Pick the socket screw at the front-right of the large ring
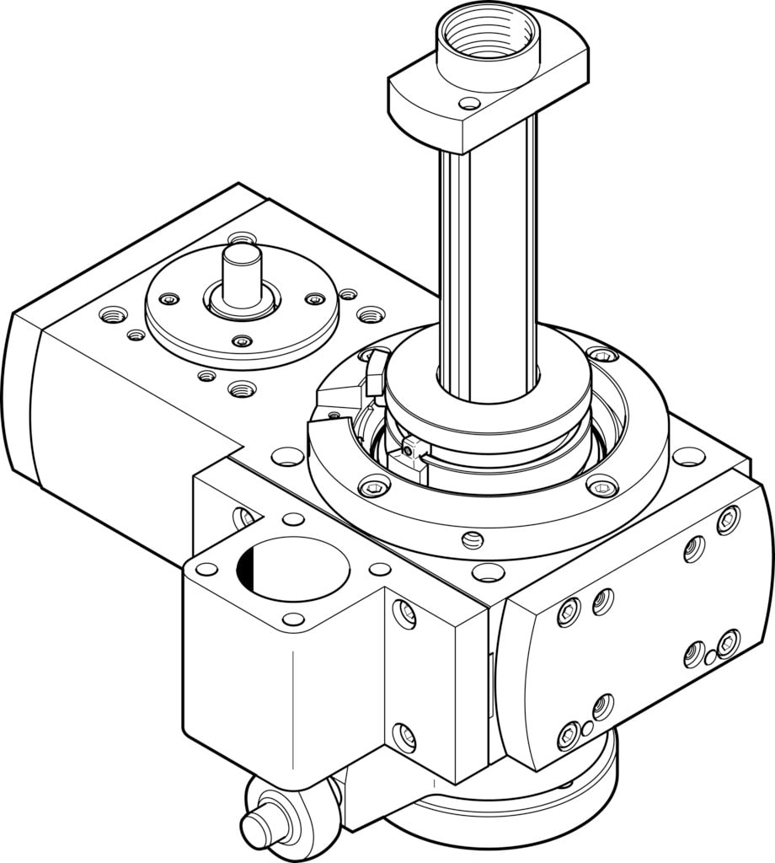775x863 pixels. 601,486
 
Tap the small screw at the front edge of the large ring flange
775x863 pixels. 473,540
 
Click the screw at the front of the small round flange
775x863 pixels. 243,341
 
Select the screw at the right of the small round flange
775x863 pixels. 314,299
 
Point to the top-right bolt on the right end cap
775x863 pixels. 727,519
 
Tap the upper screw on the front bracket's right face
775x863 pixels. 405,614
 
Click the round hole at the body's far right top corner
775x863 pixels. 689,457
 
